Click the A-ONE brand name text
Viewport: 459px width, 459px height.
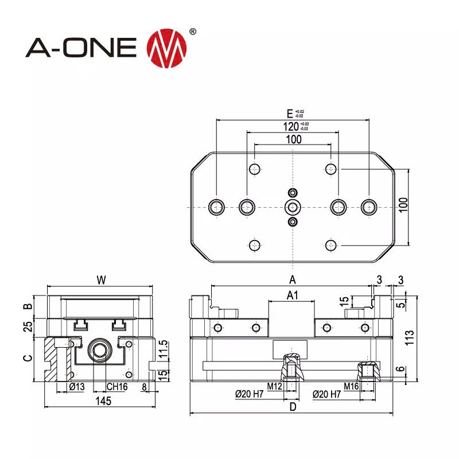tap(81, 46)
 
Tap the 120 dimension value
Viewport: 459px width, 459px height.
tap(291, 126)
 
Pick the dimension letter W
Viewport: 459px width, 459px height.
tap(101, 280)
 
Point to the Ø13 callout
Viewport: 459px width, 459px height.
tap(76, 387)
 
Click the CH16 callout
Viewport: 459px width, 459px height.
tap(116, 387)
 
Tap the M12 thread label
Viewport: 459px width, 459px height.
tap(275, 386)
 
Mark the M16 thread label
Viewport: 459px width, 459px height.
tap(351, 386)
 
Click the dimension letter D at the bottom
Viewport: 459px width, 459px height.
tap(292, 407)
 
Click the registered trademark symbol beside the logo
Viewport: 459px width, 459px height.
tap(193, 32)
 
